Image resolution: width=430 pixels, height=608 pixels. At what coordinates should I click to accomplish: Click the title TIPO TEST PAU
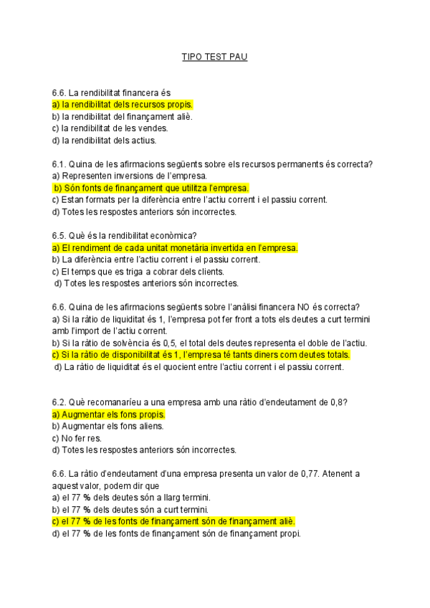click(x=214, y=57)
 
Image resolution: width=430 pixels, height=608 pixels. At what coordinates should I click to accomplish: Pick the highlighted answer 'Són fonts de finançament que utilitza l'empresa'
click(x=151, y=188)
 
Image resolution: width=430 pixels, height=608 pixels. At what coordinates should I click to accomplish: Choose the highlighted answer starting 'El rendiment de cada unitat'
click(x=175, y=247)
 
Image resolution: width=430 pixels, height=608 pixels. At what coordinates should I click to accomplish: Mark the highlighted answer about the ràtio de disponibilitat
click(x=201, y=355)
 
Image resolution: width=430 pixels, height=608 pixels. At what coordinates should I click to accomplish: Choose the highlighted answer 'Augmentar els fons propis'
click(x=109, y=414)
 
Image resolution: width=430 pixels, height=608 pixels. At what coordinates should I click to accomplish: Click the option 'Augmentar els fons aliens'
click(x=108, y=426)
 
